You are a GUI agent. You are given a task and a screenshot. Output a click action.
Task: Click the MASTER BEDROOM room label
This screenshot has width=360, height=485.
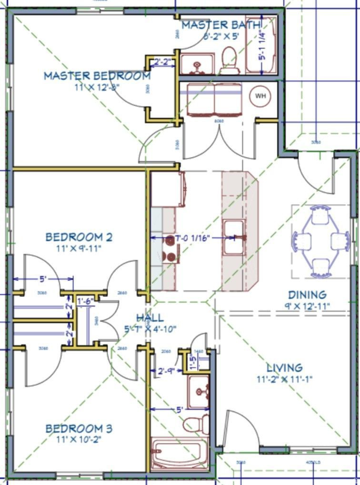(x=97, y=75)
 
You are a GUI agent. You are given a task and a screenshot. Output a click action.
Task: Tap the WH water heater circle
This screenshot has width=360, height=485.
(x=260, y=96)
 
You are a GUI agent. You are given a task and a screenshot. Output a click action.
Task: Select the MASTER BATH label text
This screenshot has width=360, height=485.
(x=221, y=24)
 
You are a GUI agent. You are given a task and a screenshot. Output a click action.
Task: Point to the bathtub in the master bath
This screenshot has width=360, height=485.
(x=261, y=46)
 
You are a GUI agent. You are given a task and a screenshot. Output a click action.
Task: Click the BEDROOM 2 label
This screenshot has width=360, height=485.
(x=79, y=237)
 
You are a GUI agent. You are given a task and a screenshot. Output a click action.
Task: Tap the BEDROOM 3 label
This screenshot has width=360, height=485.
(x=79, y=429)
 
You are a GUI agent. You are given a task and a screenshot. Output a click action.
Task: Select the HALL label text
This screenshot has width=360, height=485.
(x=150, y=318)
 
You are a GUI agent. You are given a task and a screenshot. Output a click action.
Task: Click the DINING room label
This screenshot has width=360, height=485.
(x=307, y=295)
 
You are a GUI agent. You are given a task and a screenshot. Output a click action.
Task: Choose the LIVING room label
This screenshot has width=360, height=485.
(x=284, y=368)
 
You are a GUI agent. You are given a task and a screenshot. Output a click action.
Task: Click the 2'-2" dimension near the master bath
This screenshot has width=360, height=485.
(x=163, y=61)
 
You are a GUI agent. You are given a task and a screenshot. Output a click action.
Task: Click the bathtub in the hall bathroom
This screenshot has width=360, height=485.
(x=179, y=455)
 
